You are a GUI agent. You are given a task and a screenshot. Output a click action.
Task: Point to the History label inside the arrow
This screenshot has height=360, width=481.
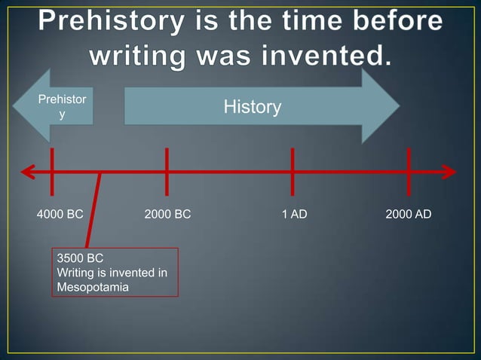pos(252,108)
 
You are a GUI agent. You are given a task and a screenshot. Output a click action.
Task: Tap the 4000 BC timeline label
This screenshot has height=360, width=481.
pos(60,215)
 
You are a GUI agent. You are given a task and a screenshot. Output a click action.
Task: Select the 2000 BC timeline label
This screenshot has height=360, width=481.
pos(167,215)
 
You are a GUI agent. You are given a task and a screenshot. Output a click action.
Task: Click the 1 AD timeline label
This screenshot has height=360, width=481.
pos(294,215)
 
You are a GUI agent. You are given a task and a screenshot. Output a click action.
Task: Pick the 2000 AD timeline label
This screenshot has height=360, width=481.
pos(408,215)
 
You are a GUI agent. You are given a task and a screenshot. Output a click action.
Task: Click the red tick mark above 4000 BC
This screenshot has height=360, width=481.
pos(52,172)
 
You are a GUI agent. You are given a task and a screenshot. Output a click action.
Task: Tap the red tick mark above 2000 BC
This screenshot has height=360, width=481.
pos(167,172)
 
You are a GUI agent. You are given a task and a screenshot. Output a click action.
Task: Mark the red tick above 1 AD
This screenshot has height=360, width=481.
pos(293,172)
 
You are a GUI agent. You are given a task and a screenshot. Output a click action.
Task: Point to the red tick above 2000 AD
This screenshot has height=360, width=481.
pos(408,172)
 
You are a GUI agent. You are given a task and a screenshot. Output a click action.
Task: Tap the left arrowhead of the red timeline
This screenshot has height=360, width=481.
pos(29,172)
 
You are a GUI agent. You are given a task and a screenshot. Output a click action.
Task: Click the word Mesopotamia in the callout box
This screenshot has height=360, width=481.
pos(93,287)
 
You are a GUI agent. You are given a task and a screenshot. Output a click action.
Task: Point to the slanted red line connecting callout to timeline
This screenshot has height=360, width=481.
pos(93,211)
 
